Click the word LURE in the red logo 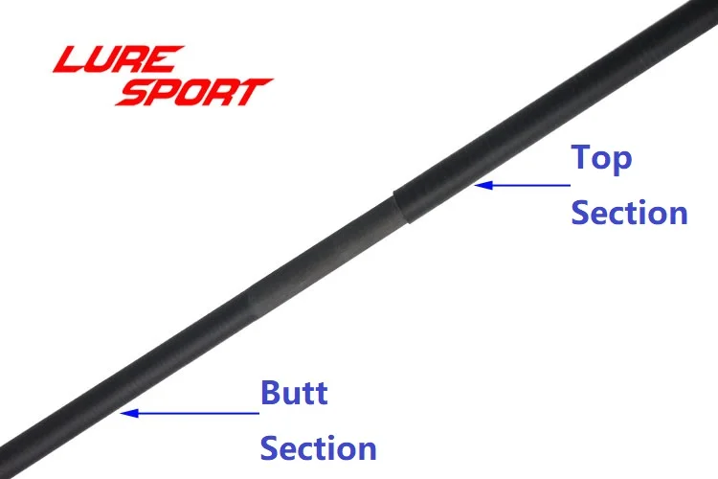click(119, 58)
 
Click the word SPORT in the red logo click(193, 92)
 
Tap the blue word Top click(601, 159)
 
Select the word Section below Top click(630, 213)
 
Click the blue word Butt click(294, 393)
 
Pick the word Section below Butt click(318, 447)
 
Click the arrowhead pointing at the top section click(483, 185)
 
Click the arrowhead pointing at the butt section click(129, 413)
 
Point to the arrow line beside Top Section click(523, 185)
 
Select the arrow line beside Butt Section click(190, 413)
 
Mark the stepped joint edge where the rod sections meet click(401, 207)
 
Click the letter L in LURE click(68, 58)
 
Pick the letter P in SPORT click(164, 92)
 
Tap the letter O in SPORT click(194, 92)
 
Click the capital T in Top click(581, 157)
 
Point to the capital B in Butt click(271, 393)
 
